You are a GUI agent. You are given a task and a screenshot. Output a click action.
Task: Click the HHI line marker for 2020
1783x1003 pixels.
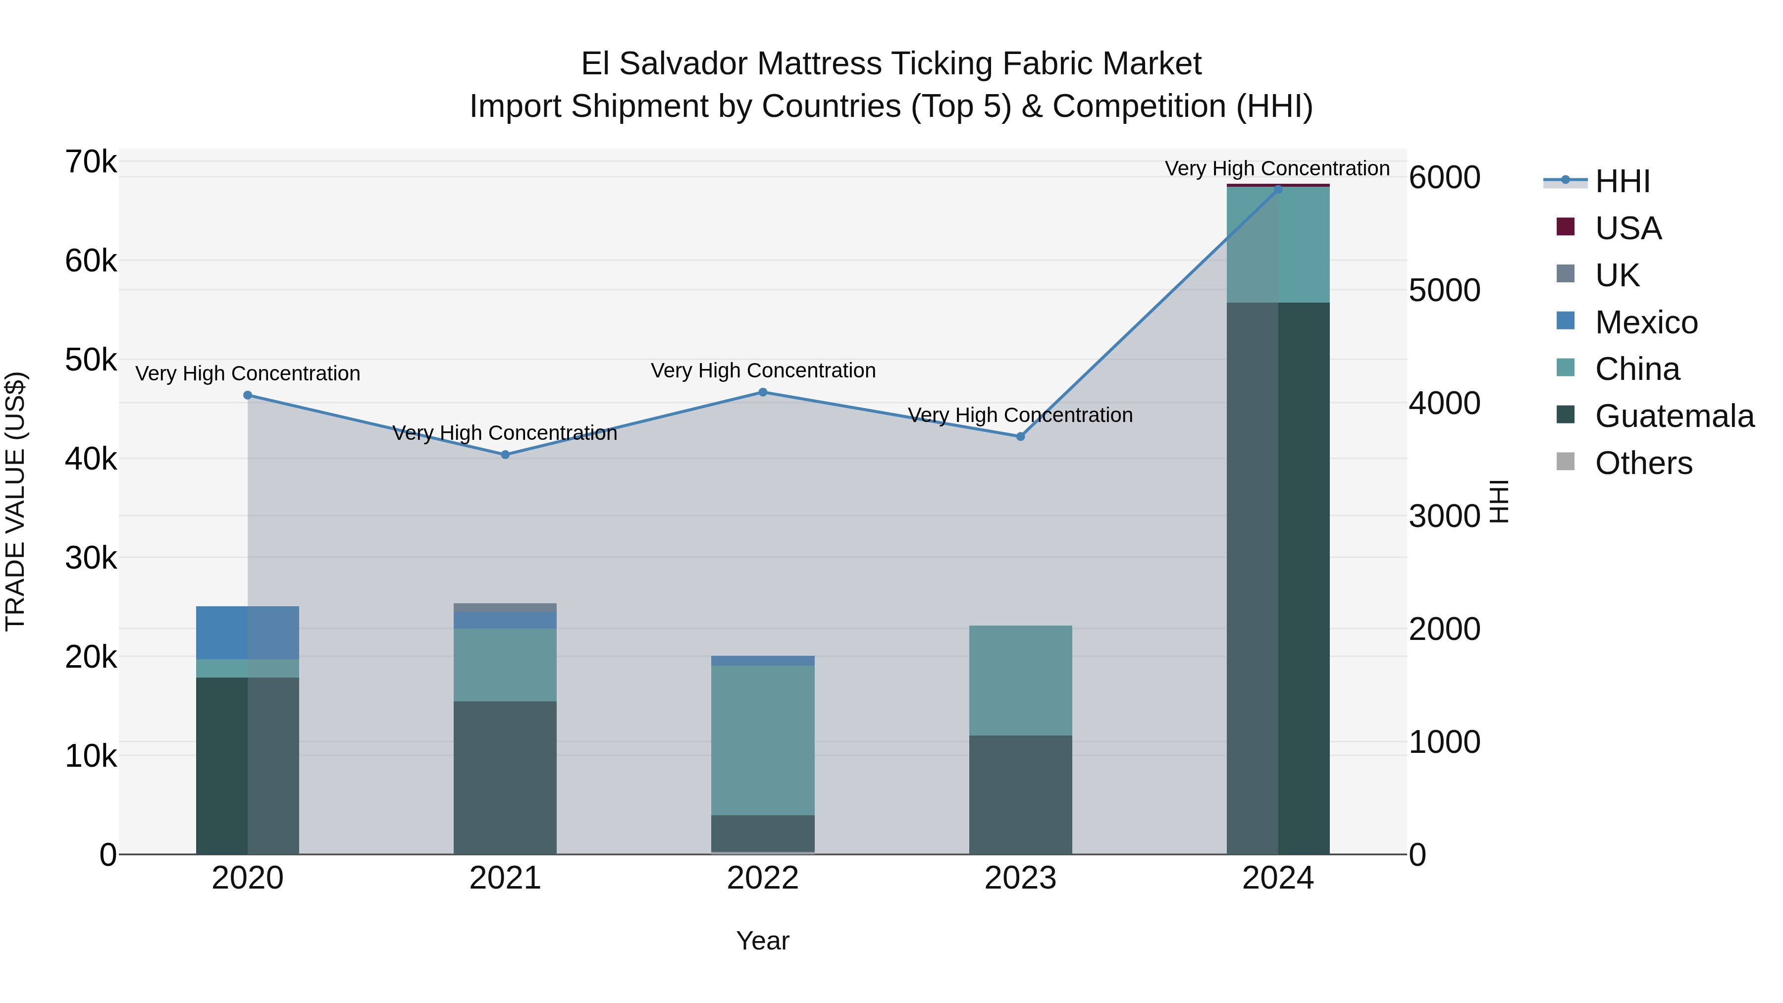pos(248,395)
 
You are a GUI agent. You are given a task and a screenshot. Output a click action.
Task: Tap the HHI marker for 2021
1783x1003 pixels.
pos(505,455)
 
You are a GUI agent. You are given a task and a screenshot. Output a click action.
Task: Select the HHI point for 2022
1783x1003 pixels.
pos(763,392)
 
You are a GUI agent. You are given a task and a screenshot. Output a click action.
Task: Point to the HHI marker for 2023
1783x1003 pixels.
pos(1020,437)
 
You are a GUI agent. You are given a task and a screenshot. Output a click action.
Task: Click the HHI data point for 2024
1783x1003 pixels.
pos(1278,189)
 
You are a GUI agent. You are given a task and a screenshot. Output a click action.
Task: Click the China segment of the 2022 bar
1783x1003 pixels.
pos(763,740)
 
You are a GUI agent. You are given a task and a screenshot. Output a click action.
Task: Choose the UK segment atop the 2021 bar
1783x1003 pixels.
pos(505,608)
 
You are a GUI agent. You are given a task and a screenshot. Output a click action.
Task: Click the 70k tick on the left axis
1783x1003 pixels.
pos(91,162)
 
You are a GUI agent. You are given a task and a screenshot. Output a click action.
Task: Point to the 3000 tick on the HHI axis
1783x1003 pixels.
pos(1444,517)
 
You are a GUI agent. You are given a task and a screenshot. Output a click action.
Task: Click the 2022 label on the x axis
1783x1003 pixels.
pos(763,878)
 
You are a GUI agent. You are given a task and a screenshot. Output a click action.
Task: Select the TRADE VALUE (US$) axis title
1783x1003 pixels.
pos(15,501)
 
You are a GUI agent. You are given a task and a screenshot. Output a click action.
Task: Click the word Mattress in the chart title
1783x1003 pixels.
pos(820,64)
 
